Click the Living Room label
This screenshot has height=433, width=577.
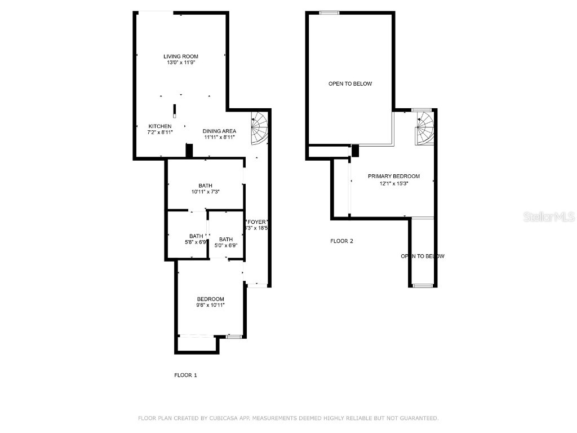pyautogui.click(x=181, y=56)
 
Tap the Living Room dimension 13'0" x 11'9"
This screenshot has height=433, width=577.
pyautogui.click(x=181, y=63)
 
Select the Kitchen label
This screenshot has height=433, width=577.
pyautogui.click(x=160, y=126)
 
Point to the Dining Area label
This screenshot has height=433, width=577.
pyautogui.click(x=219, y=131)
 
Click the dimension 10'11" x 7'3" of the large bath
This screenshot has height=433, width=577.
pyautogui.click(x=205, y=192)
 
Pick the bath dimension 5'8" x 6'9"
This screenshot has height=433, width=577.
pyautogui.click(x=196, y=243)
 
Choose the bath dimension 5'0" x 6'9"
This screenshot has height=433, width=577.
pyautogui.click(x=225, y=245)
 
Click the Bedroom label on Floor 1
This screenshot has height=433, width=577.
pyautogui.click(x=210, y=299)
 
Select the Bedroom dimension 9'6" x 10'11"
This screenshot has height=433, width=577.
pyautogui.click(x=210, y=305)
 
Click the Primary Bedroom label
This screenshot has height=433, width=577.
pyautogui.click(x=393, y=176)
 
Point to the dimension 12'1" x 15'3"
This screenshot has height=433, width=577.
pyautogui.click(x=393, y=183)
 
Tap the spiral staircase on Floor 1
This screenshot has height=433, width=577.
pyautogui.click(x=260, y=127)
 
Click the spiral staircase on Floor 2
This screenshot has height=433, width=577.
pyautogui.click(x=425, y=128)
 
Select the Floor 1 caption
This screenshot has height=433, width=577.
pyautogui.click(x=185, y=375)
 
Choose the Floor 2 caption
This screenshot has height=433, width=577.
pyautogui.click(x=341, y=241)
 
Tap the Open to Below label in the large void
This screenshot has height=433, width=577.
pyautogui.click(x=350, y=84)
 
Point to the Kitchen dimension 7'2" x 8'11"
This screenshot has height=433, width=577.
pyautogui.click(x=160, y=132)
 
